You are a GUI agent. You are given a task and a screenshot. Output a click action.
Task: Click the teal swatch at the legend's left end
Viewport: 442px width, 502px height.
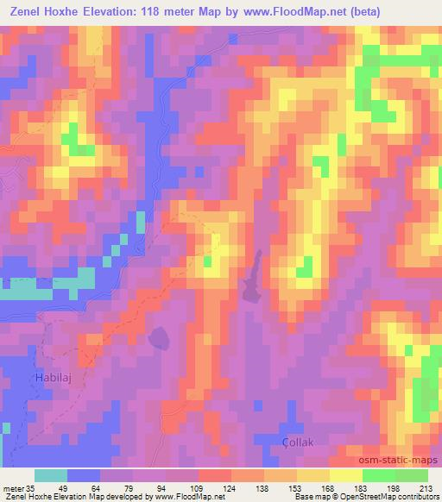(51, 476)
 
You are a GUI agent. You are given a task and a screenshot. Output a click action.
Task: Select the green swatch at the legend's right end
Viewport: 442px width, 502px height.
(411, 476)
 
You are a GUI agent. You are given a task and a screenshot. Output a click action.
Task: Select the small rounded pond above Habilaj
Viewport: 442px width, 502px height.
(159, 337)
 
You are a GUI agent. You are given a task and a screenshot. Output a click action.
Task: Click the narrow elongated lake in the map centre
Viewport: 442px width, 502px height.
(253, 279)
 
